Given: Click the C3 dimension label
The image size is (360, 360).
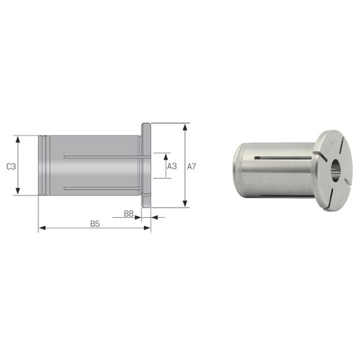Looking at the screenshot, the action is [x=11, y=166].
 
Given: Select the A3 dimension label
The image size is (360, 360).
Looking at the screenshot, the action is [x=172, y=166].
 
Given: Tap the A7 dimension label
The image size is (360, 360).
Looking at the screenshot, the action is [x=191, y=166].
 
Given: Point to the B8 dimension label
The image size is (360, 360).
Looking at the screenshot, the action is [x=128, y=214].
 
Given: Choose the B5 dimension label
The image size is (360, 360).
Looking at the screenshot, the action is [x=95, y=224].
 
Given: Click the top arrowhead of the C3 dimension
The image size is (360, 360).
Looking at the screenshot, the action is [x=17, y=139].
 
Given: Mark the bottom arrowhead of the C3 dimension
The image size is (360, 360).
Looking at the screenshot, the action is [x=17, y=191].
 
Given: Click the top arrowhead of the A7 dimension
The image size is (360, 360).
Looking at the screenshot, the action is [x=185, y=127].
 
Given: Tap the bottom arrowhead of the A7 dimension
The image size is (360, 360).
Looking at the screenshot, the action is [x=185, y=203].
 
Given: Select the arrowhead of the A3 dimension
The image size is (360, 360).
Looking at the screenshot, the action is [x=166, y=157].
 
